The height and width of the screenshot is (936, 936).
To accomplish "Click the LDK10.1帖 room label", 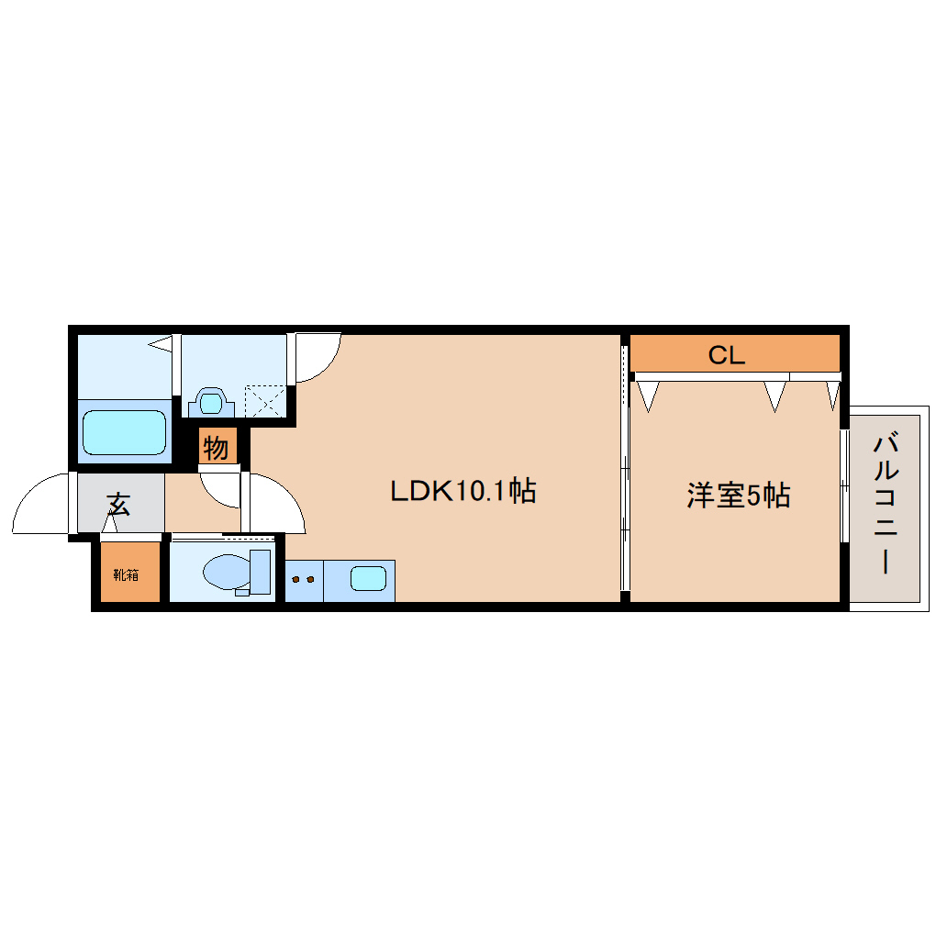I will point(462,491).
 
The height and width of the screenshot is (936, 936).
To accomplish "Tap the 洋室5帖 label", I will point(738,496).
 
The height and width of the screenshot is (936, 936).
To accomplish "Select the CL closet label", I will point(726,355).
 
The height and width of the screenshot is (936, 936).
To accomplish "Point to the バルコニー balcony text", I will point(885,505).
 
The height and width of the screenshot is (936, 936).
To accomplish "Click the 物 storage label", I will point(216,449).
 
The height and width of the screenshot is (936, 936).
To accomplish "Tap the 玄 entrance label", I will point(117,503).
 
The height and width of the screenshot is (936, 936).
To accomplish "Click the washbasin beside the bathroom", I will point(212,402).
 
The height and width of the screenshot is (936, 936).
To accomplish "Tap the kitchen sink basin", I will point(368,579).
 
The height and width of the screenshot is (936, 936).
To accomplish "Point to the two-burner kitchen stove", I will point(303,580).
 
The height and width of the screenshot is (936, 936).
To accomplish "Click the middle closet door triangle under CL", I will point(775,396).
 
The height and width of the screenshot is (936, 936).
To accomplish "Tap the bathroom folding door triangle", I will point(162,345).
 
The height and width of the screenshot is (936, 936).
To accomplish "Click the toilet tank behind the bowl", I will point(261,571).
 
